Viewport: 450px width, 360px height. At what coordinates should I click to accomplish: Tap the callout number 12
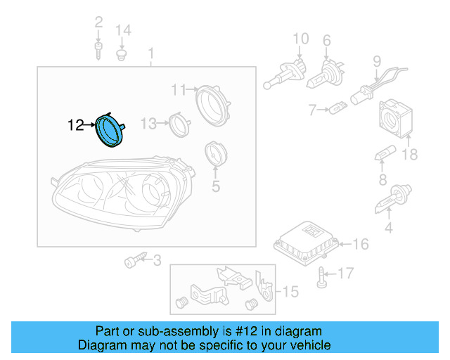click(x=75, y=126)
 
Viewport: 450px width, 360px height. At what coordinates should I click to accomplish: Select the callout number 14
click(x=123, y=30)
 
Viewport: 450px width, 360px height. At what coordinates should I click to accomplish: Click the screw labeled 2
click(x=98, y=50)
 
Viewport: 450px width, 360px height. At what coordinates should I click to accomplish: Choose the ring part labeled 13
click(x=179, y=125)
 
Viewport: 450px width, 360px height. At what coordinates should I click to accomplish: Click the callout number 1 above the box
click(x=150, y=53)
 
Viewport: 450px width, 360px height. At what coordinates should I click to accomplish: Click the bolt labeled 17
click(x=321, y=276)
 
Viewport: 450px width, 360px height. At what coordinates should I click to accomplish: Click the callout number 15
click(x=290, y=290)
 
